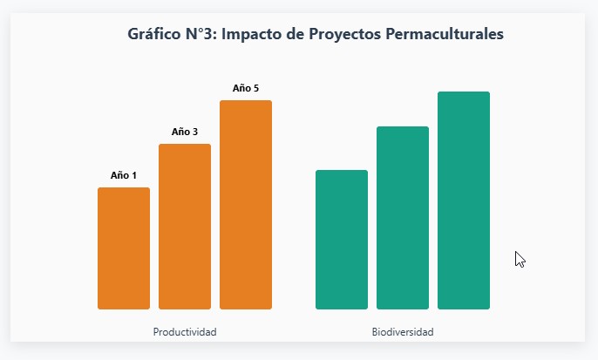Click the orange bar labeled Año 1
pyautogui.click(x=123, y=248)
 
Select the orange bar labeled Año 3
pyautogui.click(x=184, y=227)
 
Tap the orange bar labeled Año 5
pyautogui.click(x=245, y=205)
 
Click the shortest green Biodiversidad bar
pyautogui.click(x=341, y=240)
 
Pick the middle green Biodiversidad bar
pyautogui.click(x=402, y=218)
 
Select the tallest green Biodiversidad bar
pyautogui.click(x=463, y=200)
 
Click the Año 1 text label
pyautogui.click(x=123, y=175)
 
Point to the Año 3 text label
pyautogui.click(x=184, y=132)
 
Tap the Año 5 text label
pyautogui.click(x=245, y=88)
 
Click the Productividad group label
pyautogui.click(x=184, y=332)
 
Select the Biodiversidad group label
pyautogui.click(x=402, y=332)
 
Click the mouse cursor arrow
pyautogui.click(x=520, y=259)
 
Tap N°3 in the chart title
pyautogui.click(x=205, y=35)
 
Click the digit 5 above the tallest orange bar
pyautogui.click(x=255, y=88)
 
